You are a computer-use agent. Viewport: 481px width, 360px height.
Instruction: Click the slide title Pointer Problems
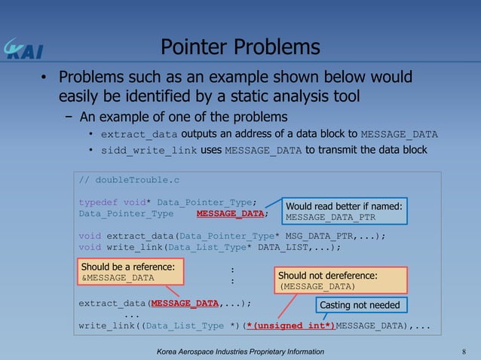pos(240,47)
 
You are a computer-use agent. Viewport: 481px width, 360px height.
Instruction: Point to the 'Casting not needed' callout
pos(360,305)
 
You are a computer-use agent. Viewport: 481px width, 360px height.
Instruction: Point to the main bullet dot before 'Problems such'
pos(45,78)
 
